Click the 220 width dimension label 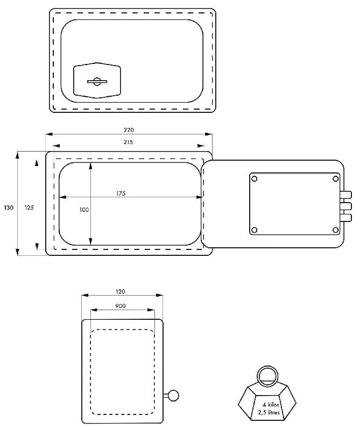coord(129,130)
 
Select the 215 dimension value coord(128,142)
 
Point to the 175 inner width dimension coord(121,193)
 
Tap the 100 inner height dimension coord(84,210)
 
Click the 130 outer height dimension coord(9,207)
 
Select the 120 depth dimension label coord(121,291)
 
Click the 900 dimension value coord(121,306)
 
